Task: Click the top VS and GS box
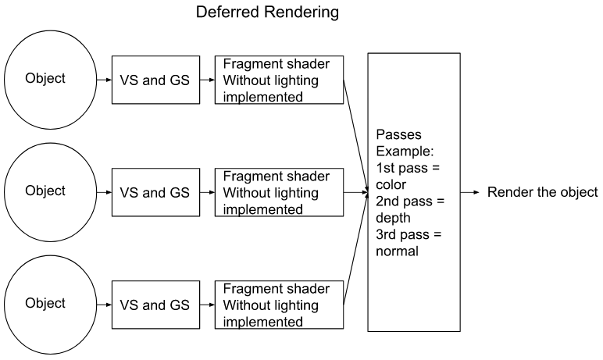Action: (155, 79)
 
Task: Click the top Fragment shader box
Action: (279, 79)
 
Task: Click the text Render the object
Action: (542, 192)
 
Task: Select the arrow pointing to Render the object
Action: (469, 192)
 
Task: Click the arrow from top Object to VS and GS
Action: (102, 79)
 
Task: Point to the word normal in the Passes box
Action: (397, 251)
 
